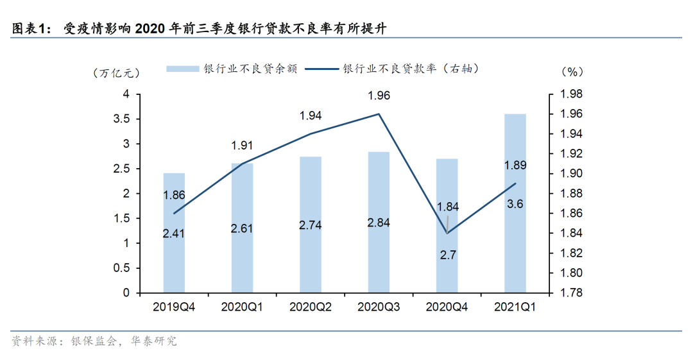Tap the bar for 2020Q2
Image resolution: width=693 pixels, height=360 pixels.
(x=311, y=225)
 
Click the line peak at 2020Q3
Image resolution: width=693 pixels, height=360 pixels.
(x=379, y=114)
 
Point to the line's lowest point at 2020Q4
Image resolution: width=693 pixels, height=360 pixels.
(x=447, y=233)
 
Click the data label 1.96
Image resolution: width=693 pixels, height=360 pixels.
(x=379, y=96)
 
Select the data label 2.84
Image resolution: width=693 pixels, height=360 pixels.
(x=379, y=223)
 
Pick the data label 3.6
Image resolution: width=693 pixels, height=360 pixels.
(x=515, y=204)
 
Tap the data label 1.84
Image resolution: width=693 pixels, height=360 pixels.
(x=448, y=207)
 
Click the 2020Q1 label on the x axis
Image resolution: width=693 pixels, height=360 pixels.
(x=242, y=307)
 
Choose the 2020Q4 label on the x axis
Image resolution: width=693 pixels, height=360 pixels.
(x=447, y=307)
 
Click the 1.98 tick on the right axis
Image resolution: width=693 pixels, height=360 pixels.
(x=571, y=94)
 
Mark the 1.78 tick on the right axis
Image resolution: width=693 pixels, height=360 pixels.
(x=571, y=293)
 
